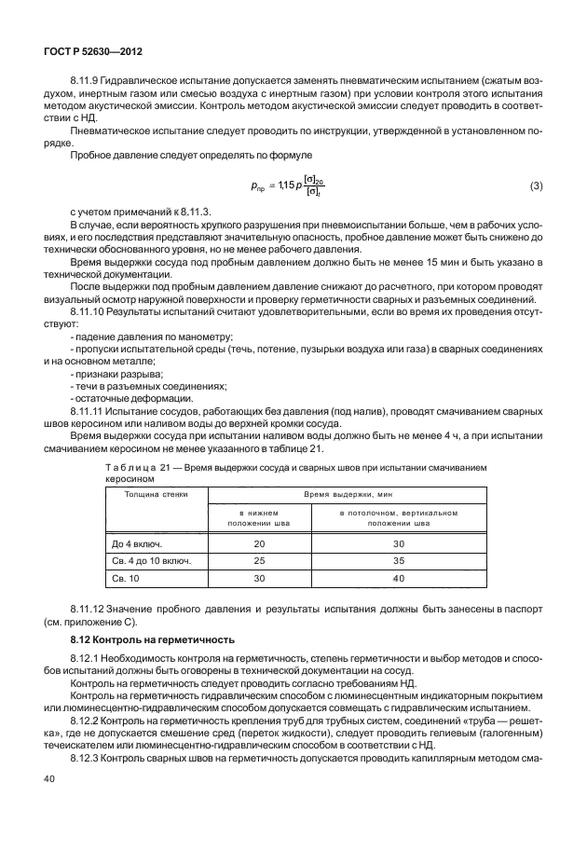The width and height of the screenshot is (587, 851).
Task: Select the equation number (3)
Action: click(x=536, y=186)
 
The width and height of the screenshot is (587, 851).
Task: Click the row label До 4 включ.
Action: click(x=136, y=542)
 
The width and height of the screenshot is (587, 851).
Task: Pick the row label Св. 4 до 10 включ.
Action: click(x=151, y=561)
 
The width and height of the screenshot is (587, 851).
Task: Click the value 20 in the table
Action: click(x=259, y=542)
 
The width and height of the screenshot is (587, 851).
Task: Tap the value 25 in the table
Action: click(x=259, y=561)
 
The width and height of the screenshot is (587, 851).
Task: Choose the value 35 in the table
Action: click(x=399, y=561)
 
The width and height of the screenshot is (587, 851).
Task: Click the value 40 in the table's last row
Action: click(x=399, y=579)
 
